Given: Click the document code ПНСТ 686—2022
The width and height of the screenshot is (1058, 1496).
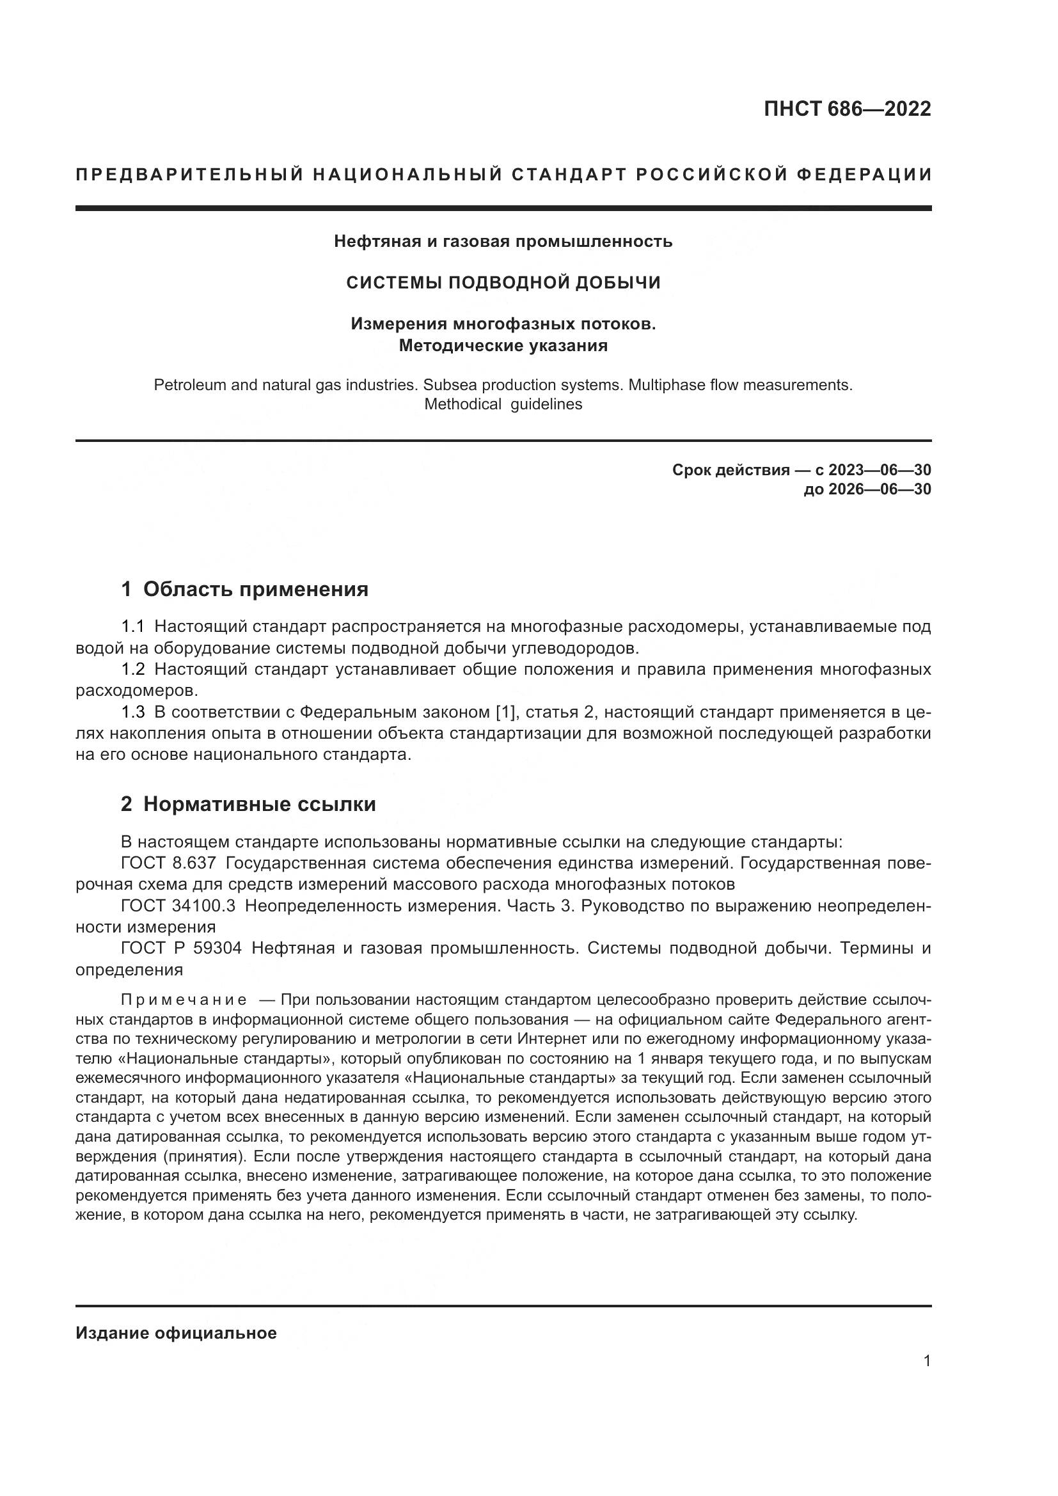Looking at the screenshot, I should click(847, 109).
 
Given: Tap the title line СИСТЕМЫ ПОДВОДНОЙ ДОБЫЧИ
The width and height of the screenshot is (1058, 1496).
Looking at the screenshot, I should click(503, 282).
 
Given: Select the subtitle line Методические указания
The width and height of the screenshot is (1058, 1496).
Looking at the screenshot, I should click(503, 345).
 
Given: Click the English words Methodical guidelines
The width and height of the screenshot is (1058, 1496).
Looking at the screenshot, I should click(503, 404).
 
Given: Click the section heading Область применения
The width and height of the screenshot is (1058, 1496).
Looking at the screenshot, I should click(255, 589).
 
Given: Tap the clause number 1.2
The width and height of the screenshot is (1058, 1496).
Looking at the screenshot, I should click(133, 670).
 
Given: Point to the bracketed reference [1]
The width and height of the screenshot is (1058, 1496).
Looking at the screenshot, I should click(505, 712).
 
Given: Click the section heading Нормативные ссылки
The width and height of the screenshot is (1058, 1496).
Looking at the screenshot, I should click(259, 804).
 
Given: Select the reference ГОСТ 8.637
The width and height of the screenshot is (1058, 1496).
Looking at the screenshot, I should click(168, 863).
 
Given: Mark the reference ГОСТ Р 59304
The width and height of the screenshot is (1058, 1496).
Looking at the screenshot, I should click(181, 948).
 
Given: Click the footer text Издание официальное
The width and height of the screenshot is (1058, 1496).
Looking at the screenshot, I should click(176, 1333).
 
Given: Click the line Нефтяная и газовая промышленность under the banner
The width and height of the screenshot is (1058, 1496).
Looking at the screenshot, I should click(503, 241).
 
